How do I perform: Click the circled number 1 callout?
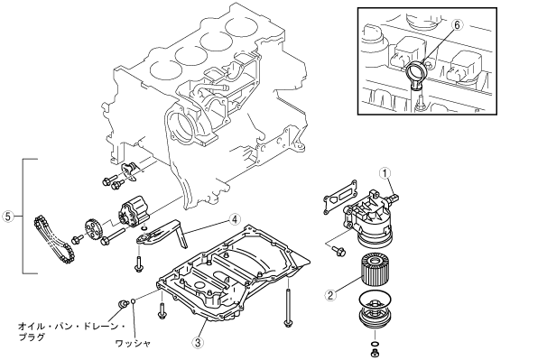(385, 173)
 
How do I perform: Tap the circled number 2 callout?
(330, 295)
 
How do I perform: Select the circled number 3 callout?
(198, 343)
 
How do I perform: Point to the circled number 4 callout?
(235, 219)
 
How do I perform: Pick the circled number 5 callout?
(8, 217)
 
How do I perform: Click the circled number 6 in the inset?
(458, 24)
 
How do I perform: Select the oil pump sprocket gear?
(92, 228)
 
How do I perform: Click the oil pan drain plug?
(122, 303)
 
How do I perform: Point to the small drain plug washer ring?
(134, 300)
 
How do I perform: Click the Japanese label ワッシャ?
(133, 343)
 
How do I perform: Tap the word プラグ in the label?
(32, 337)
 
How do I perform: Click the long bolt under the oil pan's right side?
(287, 302)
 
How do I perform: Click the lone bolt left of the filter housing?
(338, 251)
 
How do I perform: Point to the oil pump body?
(134, 211)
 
